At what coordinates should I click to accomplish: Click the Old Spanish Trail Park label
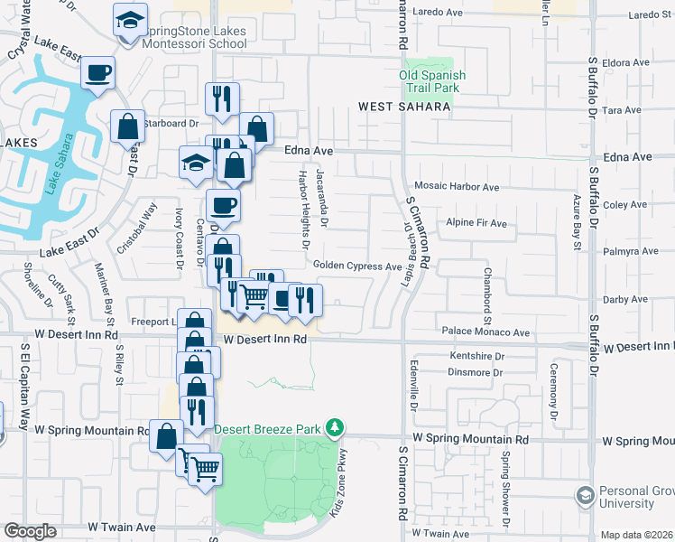coord(430,81)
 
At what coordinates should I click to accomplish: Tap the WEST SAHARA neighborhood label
coord(403,107)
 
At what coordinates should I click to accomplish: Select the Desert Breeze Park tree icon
coord(335,425)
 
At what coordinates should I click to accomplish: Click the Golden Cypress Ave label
coord(356,266)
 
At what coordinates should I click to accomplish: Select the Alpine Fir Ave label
coord(476,222)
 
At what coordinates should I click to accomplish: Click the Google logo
coord(30,531)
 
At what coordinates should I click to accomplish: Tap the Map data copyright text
coord(636,535)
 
